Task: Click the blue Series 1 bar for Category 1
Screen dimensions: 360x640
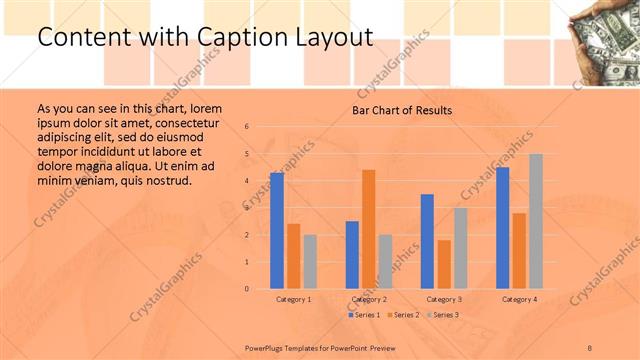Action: pos(277,231)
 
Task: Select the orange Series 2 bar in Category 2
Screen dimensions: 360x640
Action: pos(369,229)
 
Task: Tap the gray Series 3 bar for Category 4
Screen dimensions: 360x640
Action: pos(536,221)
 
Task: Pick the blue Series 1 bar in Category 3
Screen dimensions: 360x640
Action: pos(427,241)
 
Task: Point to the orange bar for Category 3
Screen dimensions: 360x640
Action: pos(444,264)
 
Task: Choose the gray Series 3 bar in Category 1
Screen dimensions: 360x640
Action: pos(310,262)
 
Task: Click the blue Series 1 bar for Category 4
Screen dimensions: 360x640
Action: pos(502,228)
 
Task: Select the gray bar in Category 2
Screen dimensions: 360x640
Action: pos(385,262)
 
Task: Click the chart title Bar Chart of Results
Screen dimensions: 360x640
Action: pos(401,110)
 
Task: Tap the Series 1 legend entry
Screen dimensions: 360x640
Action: pos(365,315)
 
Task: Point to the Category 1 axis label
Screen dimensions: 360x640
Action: pos(294,299)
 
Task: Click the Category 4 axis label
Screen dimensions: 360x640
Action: pos(519,299)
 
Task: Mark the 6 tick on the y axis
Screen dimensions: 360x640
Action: pos(247,127)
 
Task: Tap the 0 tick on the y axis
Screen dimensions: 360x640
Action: pos(247,289)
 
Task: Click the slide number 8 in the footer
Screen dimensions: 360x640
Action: pos(590,346)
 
